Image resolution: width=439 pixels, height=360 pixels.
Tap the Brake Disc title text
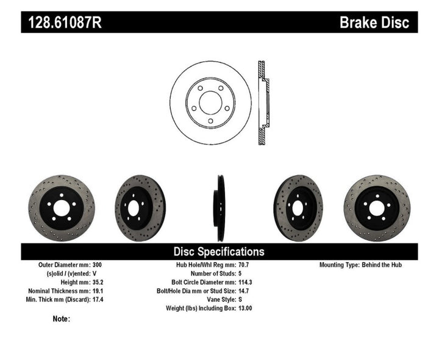pyautogui.click(x=378, y=23)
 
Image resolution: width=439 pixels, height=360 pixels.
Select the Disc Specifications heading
pyautogui.click(x=219, y=251)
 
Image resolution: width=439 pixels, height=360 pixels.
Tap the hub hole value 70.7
pyautogui.click(x=243, y=265)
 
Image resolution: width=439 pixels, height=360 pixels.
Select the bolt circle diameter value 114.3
pyautogui.click(x=245, y=283)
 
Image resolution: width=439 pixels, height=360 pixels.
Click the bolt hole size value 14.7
pyautogui.click(x=243, y=291)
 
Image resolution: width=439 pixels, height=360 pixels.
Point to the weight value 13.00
pyautogui.click(x=245, y=308)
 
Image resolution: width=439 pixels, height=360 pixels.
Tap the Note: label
pyautogui.click(x=62, y=319)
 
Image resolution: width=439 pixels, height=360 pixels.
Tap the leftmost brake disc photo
pyautogui.click(x=62, y=208)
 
